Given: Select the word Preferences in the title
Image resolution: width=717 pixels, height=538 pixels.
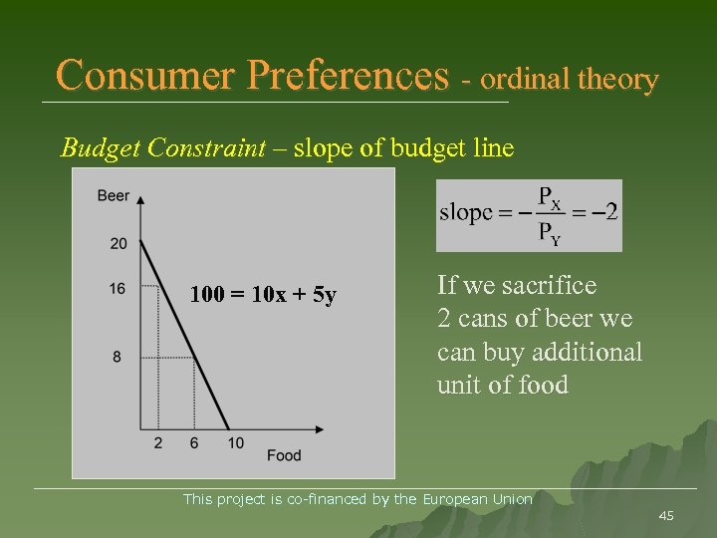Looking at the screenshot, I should tap(352, 75).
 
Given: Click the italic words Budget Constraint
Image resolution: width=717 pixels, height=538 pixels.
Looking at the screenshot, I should tap(163, 148).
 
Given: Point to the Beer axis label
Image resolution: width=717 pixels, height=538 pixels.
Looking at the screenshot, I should tap(114, 196).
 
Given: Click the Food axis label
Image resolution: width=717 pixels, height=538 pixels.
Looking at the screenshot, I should tap(284, 456).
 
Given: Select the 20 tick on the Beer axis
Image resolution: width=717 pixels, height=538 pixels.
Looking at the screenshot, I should tap(119, 244).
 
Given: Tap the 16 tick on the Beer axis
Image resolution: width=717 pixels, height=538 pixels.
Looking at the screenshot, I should tap(118, 288).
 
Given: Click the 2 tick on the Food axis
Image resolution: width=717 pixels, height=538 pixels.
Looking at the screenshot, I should tap(158, 443).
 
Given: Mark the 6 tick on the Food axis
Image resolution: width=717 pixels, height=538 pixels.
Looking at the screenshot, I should tap(194, 443).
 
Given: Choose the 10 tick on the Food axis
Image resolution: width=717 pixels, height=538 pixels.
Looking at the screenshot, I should tap(235, 443).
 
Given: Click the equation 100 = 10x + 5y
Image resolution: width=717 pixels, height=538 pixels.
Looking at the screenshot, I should tap(264, 296).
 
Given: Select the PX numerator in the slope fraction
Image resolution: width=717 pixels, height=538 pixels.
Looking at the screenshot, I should tap(549, 197).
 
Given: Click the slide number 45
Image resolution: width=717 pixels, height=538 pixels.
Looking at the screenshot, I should tap(666, 515).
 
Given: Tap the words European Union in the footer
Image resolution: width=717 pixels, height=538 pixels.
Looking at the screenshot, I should tap(478, 499).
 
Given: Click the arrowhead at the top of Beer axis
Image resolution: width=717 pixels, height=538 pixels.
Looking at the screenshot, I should tap(140, 198).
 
